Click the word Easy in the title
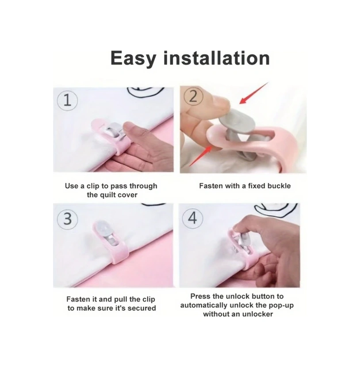click(133, 58)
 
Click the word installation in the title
click(217, 58)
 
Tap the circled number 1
click(67, 101)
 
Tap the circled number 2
click(193, 97)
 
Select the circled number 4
click(193, 218)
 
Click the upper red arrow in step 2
click(253, 93)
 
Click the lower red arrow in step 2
click(201, 156)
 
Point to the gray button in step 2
click(237, 122)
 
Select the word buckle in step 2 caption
click(279, 186)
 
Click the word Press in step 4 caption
click(199, 296)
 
